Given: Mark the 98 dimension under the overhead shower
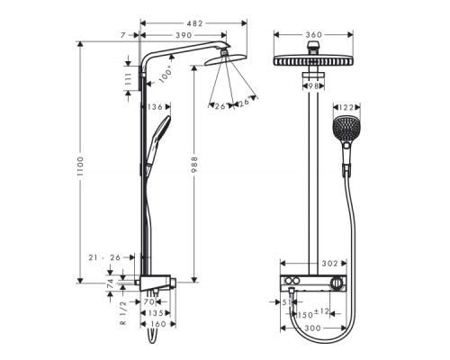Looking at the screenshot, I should point(313,85).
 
